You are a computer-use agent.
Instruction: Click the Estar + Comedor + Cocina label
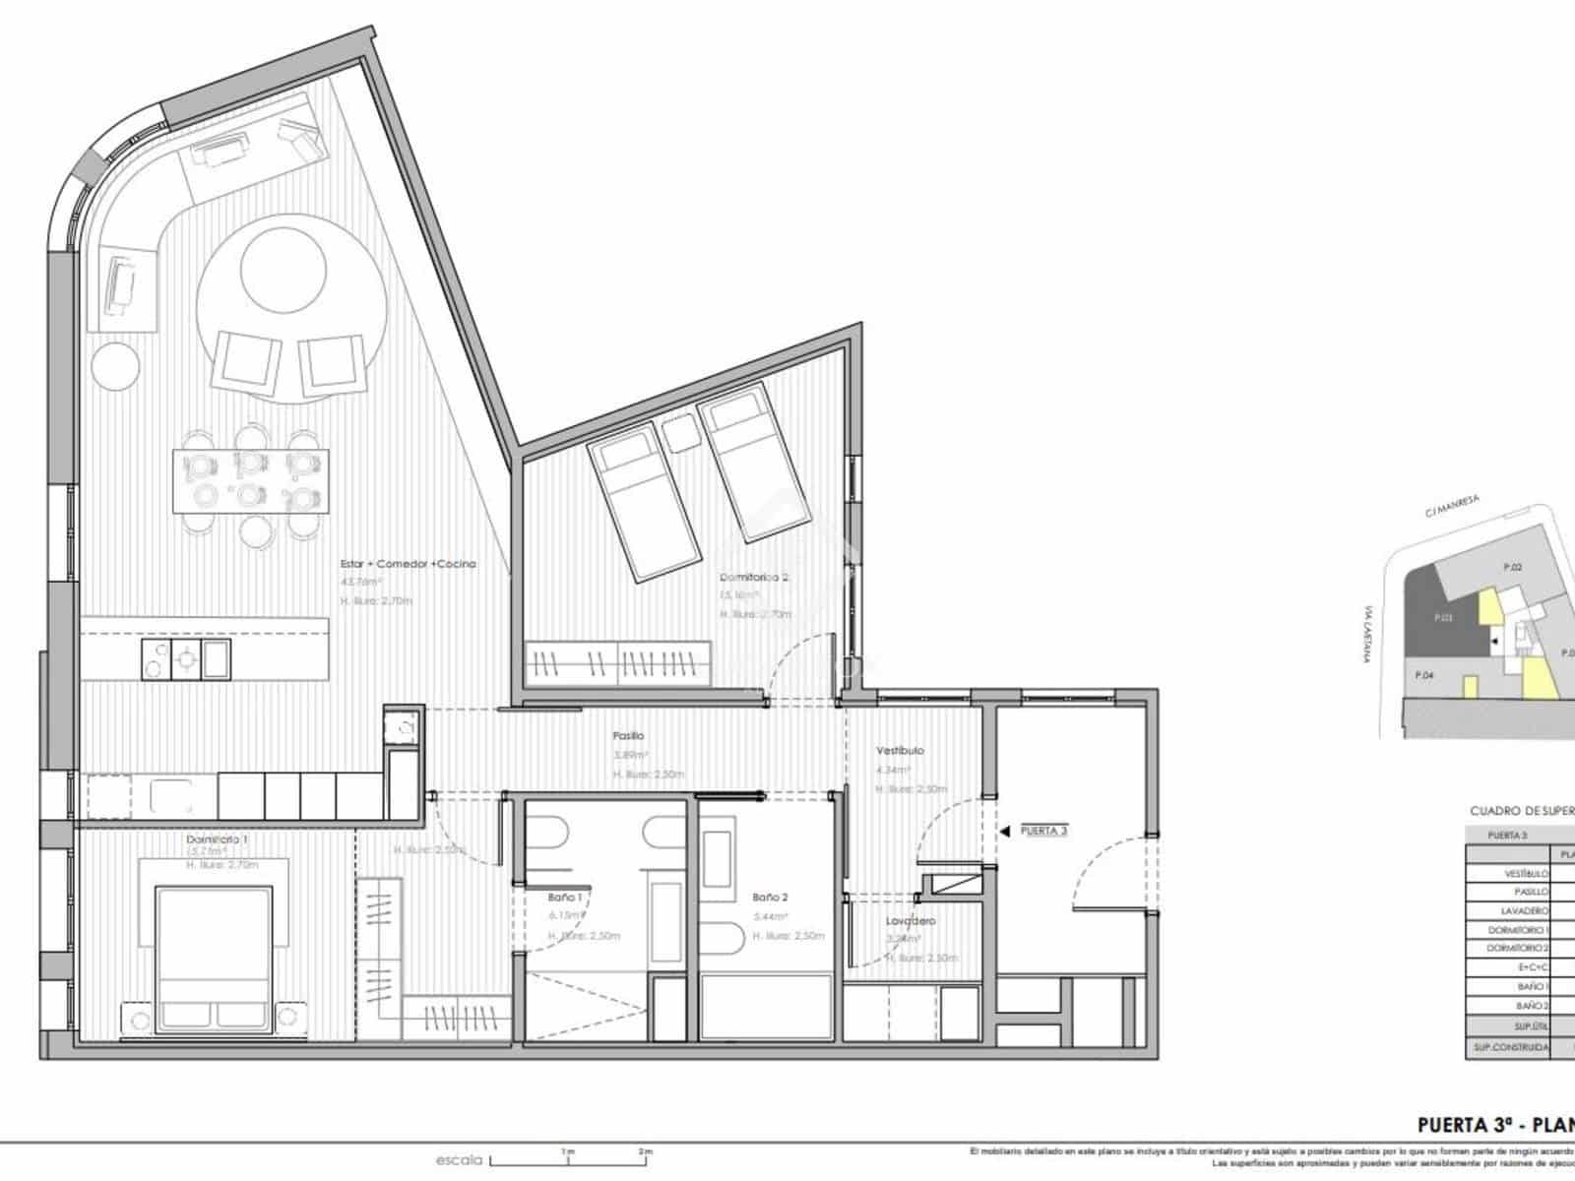[x=408, y=564]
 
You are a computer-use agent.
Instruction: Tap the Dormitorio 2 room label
[x=754, y=578]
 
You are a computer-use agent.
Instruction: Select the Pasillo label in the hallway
[x=628, y=735]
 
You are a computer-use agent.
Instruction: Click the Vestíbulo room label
[x=900, y=750]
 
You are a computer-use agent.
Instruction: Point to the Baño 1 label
[x=565, y=898]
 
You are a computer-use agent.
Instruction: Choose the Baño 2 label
[x=770, y=898]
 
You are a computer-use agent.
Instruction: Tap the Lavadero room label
[x=910, y=921]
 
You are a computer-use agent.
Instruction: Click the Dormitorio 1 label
[x=217, y=839]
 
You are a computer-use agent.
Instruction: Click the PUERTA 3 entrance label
[x=1043, y=832]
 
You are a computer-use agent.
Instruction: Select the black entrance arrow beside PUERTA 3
[x=1004, y=832]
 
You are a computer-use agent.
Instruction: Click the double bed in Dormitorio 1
[x=214, y=945]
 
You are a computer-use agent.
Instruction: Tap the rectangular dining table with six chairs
[x=251, y=480]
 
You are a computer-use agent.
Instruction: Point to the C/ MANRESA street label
[x=1451, y=506]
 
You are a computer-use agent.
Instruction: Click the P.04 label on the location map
[x=1423, y=675]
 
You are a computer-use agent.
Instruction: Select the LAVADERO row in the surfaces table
[x=1526, y=911]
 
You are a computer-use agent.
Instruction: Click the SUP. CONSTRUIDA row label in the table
[x=1511, y=1047]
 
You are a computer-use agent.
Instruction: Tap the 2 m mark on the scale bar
[x=645, y=1150]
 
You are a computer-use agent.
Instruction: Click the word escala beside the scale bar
[x=459, y=1160]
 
